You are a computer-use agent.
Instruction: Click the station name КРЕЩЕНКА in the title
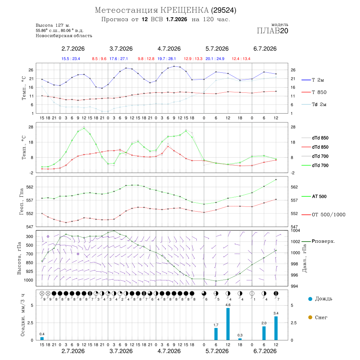pos(184,10)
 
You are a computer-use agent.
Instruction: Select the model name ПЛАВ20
pos(272,31)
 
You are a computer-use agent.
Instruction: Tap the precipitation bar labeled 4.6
pos(228,324)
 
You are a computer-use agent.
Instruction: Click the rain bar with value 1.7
pos(216,334)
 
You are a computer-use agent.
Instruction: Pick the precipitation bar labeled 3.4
pos(276,328)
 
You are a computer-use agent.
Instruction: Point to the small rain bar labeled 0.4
pos(42,338)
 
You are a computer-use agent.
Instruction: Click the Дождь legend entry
pos(320,299)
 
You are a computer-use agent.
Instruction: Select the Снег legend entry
pos(318,317)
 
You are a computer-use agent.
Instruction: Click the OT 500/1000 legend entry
pos(324,215)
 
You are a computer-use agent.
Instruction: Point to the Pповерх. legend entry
pos(318,241)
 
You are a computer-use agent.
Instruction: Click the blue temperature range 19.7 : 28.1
pos(167,59)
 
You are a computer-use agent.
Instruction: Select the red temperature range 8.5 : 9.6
pos(99,59)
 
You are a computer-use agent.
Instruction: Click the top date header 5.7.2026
pos(217,49)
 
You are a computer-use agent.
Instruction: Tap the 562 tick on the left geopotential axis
pos(30,187)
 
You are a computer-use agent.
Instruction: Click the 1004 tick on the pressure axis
pos(295,230)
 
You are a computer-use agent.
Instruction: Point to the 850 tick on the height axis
pos(29,263)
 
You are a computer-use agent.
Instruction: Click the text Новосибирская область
pos(64,36)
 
